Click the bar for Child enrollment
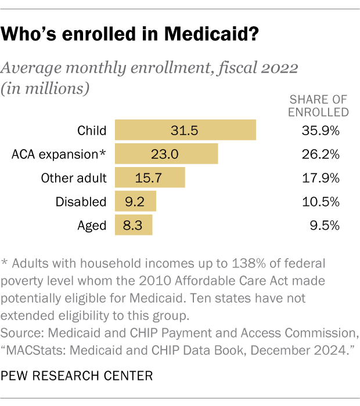(185, 130)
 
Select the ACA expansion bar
(166, 154)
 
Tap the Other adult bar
(150, 177)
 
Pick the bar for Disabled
(135, 201)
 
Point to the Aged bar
(134, 225)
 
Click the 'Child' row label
(92, 130)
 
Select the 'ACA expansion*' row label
(59, 154)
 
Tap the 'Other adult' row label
(74, 178)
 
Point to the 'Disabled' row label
(81, 202)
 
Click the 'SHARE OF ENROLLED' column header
(319, 105)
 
